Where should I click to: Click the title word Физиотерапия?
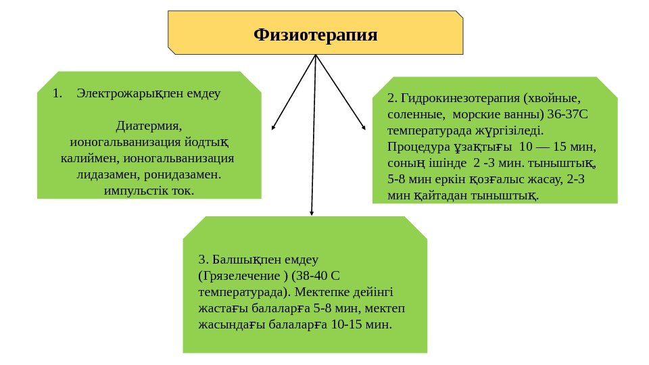tap(315, 33)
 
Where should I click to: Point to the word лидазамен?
tap(100, 175)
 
